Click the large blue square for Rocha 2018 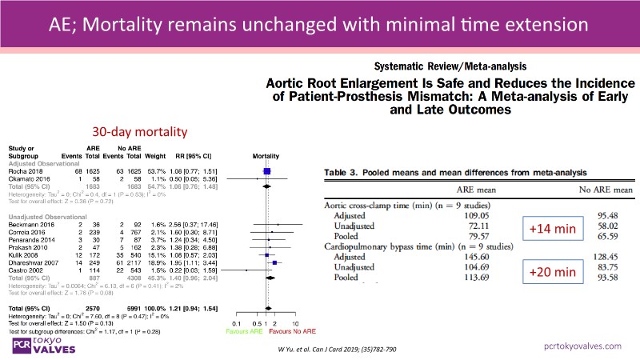pos(266,170)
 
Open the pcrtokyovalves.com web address pos(582,345)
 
